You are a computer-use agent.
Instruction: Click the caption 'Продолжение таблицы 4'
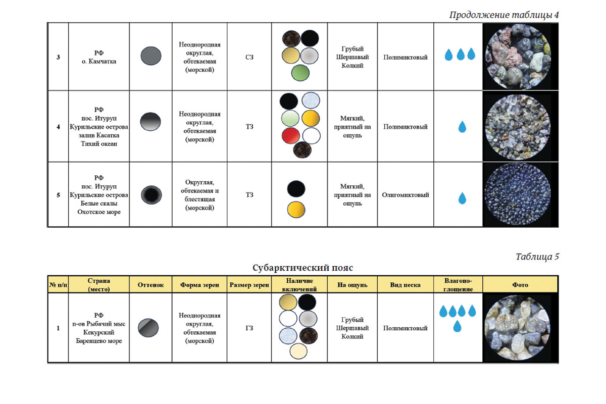tap(504, 15)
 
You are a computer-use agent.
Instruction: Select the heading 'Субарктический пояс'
tap(302, 268)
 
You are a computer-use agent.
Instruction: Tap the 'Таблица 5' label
tap(537, 256)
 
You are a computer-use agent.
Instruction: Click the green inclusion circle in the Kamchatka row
tap(300, 73)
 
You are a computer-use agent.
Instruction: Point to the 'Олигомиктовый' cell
tap(405, 195)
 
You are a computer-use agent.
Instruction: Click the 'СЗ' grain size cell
tap(249, 57)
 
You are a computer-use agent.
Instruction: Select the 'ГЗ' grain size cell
tap(249, 328)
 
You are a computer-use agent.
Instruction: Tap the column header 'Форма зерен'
tap(199, 285)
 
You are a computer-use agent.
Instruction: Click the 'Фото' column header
tap(520, 285)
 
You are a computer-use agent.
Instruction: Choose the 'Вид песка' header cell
tap(405, 285)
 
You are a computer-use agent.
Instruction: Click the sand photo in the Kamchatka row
tap(518, 57)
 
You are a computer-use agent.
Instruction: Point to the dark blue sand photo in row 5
tap(518, 194)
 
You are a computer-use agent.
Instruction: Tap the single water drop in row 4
tap(462, 127)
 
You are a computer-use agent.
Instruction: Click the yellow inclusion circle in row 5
tap(296, 210)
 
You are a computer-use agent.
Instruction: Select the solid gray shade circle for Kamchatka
tap(150, 56)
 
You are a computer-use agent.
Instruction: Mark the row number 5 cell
tap(58, 195)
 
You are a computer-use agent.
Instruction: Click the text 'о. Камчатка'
tap(99, 62)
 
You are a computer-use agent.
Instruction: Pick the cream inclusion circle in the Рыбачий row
tap(298, 351)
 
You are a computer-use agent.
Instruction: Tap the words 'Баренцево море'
tap(99, 341)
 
